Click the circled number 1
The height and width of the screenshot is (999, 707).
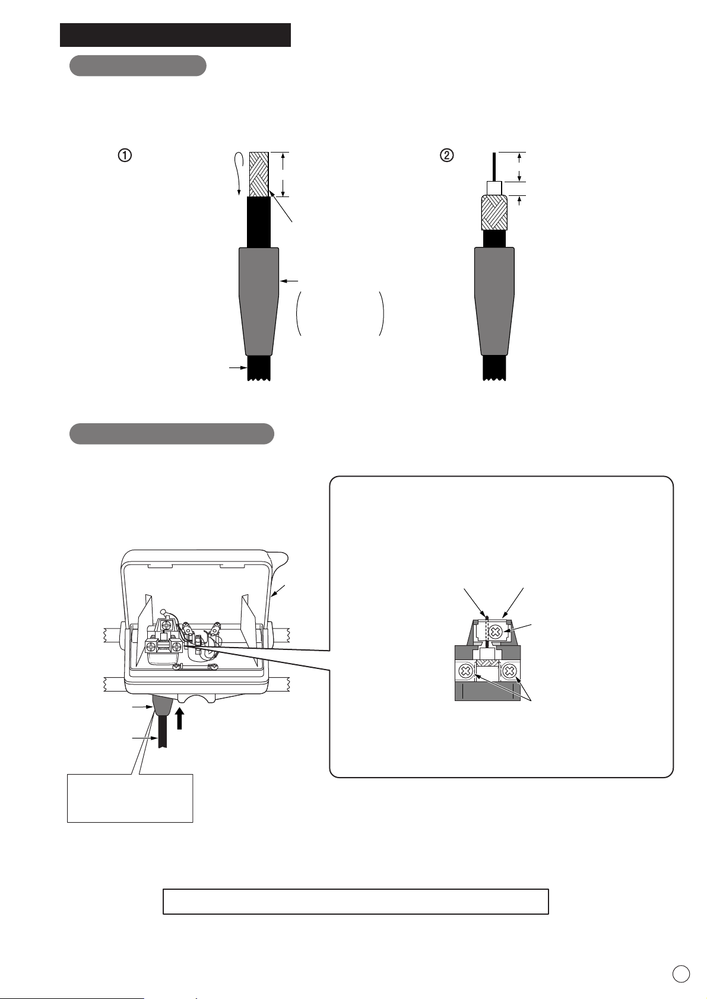125,155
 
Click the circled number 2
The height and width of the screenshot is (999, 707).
447,155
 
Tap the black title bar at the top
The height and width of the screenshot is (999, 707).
175,35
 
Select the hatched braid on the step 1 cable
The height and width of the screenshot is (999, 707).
259,175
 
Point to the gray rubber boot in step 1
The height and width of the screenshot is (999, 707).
259,302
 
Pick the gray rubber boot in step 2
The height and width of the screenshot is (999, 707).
494,302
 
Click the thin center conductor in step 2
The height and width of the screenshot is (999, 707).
494,167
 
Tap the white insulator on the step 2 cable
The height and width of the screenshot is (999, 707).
494,188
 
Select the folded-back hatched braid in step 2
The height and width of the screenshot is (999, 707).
494,213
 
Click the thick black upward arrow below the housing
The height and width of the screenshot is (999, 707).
179,718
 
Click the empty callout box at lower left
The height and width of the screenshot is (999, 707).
130,798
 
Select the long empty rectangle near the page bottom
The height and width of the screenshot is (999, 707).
356,901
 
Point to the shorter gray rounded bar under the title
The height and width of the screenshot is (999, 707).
138,65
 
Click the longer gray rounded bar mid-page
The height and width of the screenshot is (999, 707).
172,434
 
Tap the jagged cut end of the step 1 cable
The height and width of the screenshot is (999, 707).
259,379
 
